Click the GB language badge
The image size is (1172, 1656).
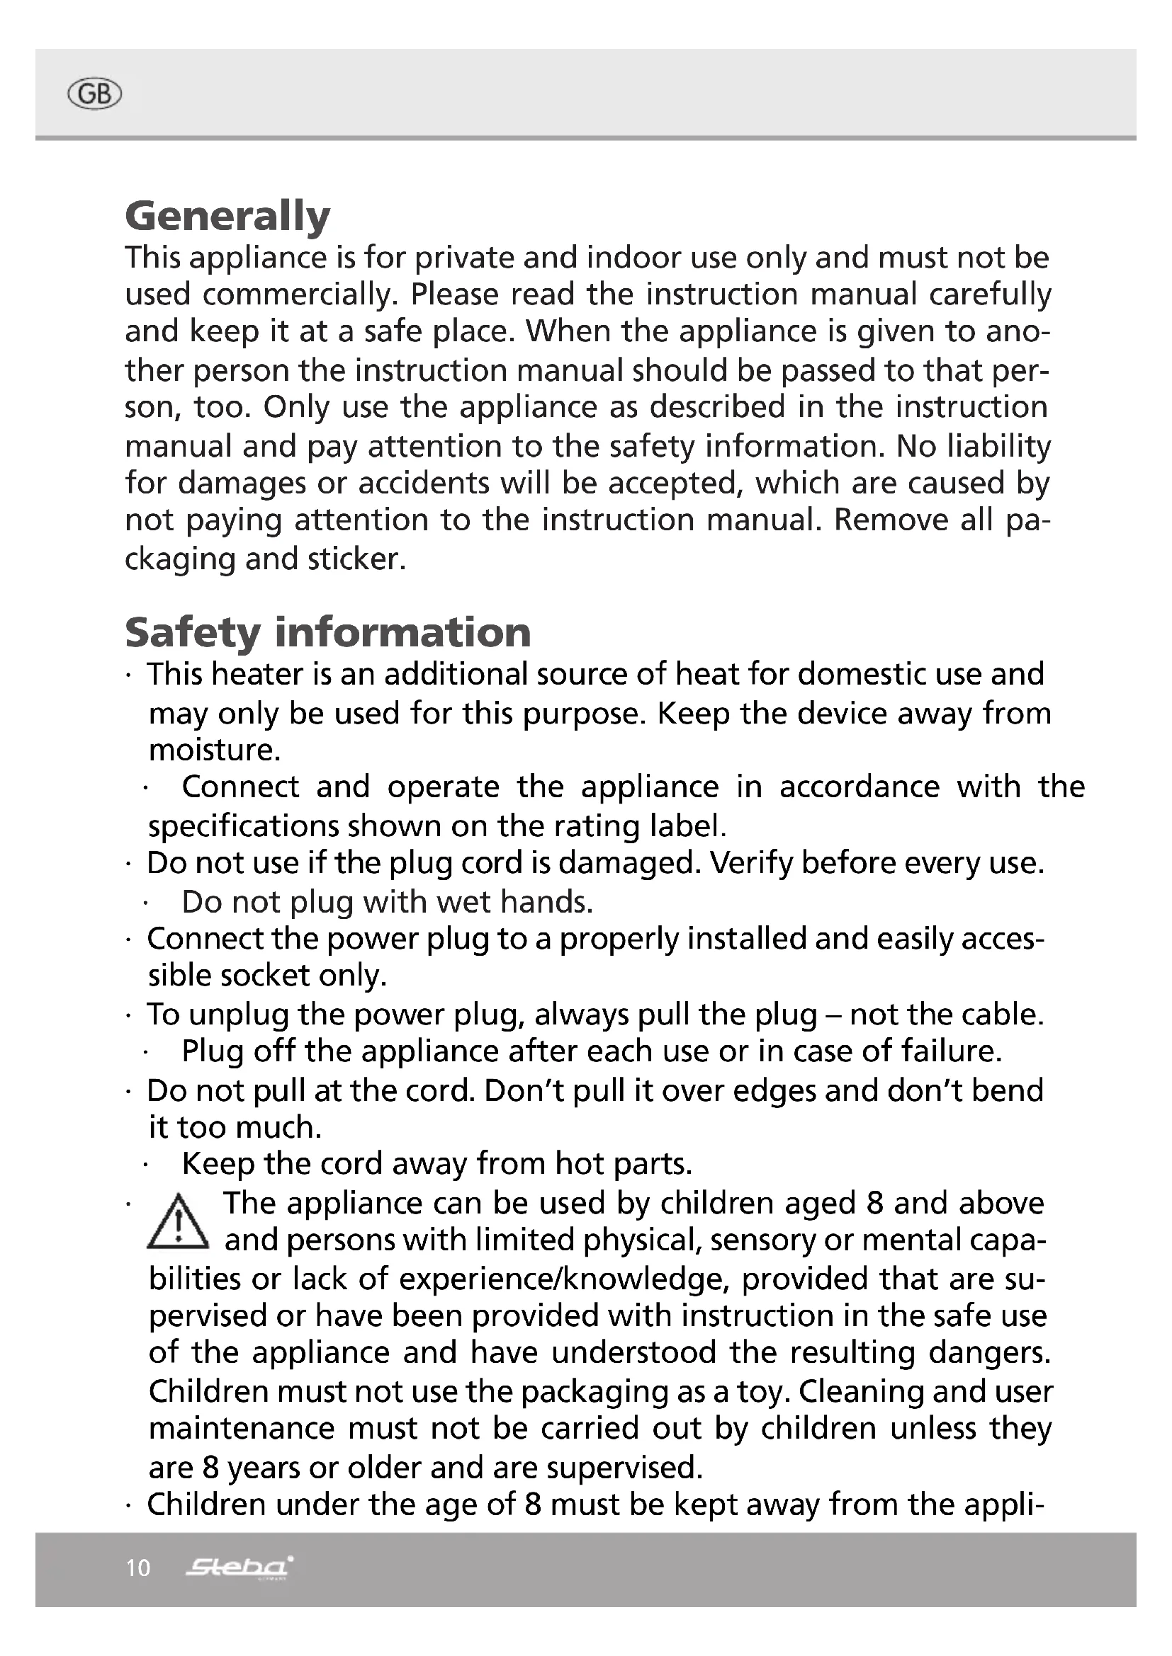pyautogui.click(x=94, y=95)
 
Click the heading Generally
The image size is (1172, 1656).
pyautogui.click(x=227, y=217)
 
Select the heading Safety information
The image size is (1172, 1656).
pyautogui.click(x=327, y=632)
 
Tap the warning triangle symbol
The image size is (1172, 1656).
pyautogui.click(x=178, y=1223)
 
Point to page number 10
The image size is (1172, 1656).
pyautogui.click(x=138, y=1569)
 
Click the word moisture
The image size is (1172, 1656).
pyautogui.click(x=213, y=750)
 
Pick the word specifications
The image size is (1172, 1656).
pyautogui.click(x=243, y=826)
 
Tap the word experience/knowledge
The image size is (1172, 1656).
pyautogui.click(x=560, y=1279)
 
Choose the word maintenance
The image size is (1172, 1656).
pyautogui.click(x=242, y=1429)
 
